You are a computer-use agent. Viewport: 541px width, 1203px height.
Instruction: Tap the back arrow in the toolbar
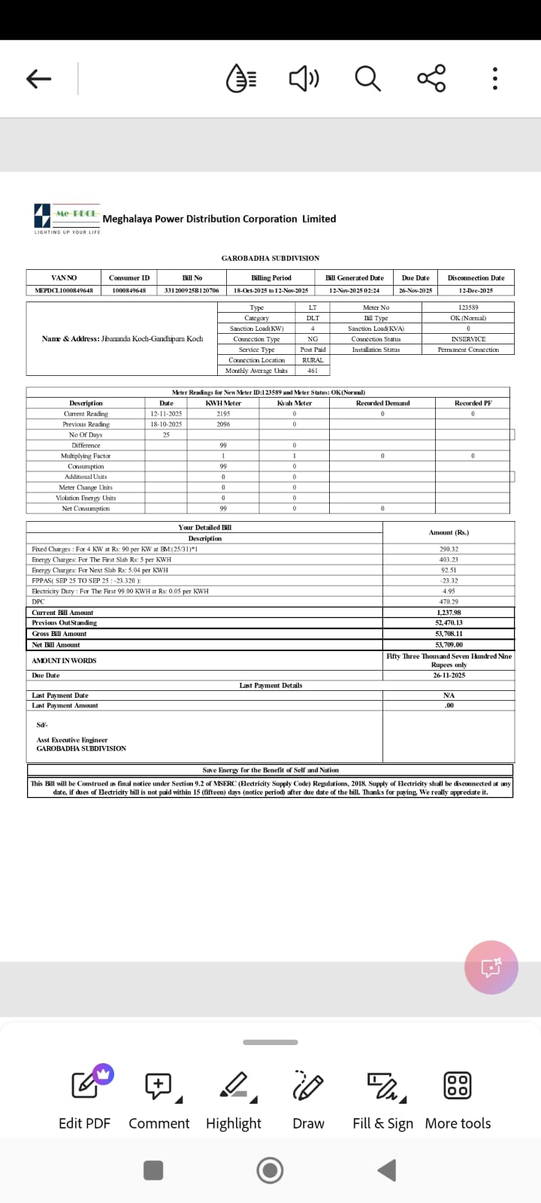[38, 78]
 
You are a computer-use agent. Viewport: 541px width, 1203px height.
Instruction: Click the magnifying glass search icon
[367, 78]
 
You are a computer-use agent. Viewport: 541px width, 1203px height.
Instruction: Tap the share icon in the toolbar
[431, 78]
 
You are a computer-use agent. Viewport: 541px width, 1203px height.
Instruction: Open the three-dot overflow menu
[494, 78]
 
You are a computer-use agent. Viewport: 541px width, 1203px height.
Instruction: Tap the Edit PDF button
[85, 1098]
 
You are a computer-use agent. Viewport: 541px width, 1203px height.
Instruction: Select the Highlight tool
[234, 1098]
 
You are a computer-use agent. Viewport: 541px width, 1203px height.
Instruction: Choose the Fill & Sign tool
[383, 1098]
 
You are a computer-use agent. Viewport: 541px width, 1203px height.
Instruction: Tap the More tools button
[458, 1098]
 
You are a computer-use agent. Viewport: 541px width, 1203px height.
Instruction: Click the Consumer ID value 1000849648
[129, 290]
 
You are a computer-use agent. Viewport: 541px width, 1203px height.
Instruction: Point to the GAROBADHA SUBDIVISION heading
[270, 258]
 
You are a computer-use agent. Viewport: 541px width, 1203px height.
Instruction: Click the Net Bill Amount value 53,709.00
[449, 644]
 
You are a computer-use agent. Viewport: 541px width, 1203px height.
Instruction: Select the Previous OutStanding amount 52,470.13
[449, 623]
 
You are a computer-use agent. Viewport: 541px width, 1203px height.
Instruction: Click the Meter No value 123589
[467, 308]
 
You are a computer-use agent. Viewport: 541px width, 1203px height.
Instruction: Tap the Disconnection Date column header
[476, 278]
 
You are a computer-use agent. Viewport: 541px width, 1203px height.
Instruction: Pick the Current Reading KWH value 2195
[223, 414]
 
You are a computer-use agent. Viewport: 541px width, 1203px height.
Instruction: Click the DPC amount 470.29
[449, 601]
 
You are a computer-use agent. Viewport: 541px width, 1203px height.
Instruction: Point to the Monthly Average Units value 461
[313, 371]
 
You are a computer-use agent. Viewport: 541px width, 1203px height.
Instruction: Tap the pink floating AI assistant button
[491, 968]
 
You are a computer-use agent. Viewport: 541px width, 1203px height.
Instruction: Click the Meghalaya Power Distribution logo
[67, 218]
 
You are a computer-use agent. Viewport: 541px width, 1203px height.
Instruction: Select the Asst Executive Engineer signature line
[72, 740]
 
